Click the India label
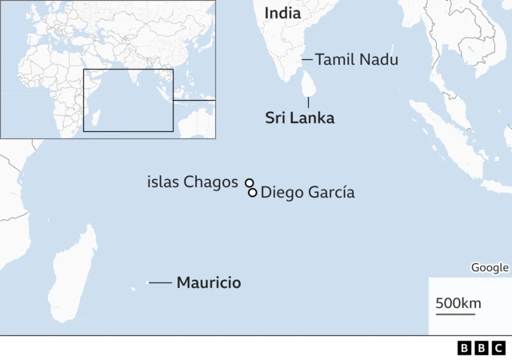pyautogui.click(x=282, y=13)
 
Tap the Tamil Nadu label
pyautogui.click(x=356, y=59)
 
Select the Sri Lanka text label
pyautogui.click(x=299, y=118)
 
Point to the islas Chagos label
pyautogui.click(x=192, y=182)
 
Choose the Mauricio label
pyautogui.click(x=208, y=282)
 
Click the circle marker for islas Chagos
pyautogui.click(x=249, y=182)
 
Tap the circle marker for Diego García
pyautogui.click(x=253, y=192)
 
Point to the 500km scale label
pyautogui.click(x=458, y=303)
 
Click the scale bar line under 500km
pyautogui.click(x=455, y=314)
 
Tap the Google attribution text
pyautogui.click(x=489, y=268)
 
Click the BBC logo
pyautogui.click(x=481, y=348)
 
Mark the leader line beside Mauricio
pyautogui.click(x=160, y=282)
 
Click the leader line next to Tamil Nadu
pyautogui.click(x=306, y=59)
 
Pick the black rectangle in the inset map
pyautogui.click(x=128, y=100)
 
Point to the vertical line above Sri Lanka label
pyautogui.click(x=309, y=102)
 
